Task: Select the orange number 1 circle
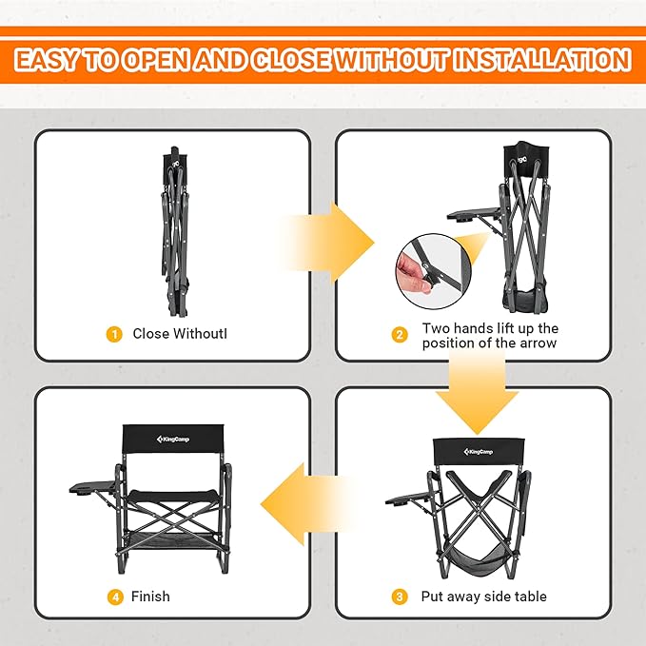[x=114, y=334]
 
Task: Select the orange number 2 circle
[x=400, y=335]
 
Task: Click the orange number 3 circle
[x=400, y=597]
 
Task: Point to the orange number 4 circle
[x=114, y=597]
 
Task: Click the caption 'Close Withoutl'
[x=179, y=334]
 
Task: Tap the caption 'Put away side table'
[x=484, y=597]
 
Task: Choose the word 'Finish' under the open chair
[x=151, y=597]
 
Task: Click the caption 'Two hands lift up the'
[x=490, y=328]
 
